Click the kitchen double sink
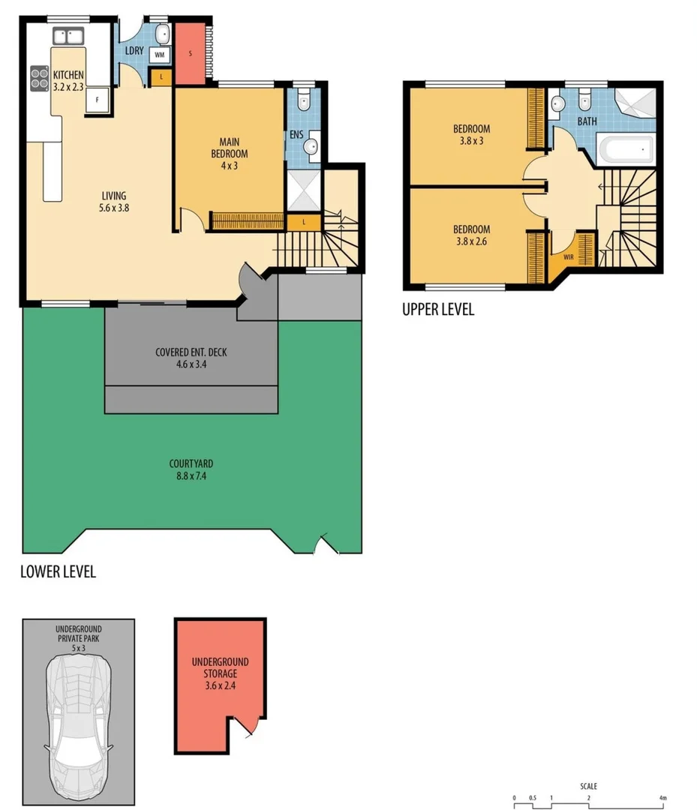click(x=68, y=34)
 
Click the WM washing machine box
click(x=160, y=55)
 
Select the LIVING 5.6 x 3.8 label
click(x=113, y=202)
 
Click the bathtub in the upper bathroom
click(x=626, y=150)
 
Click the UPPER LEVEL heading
click(x=438, y=309)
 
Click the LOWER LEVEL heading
click(x=58, y=571)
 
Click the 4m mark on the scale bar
click(x=662, y=797)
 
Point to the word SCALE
click(x=589, y=787)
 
